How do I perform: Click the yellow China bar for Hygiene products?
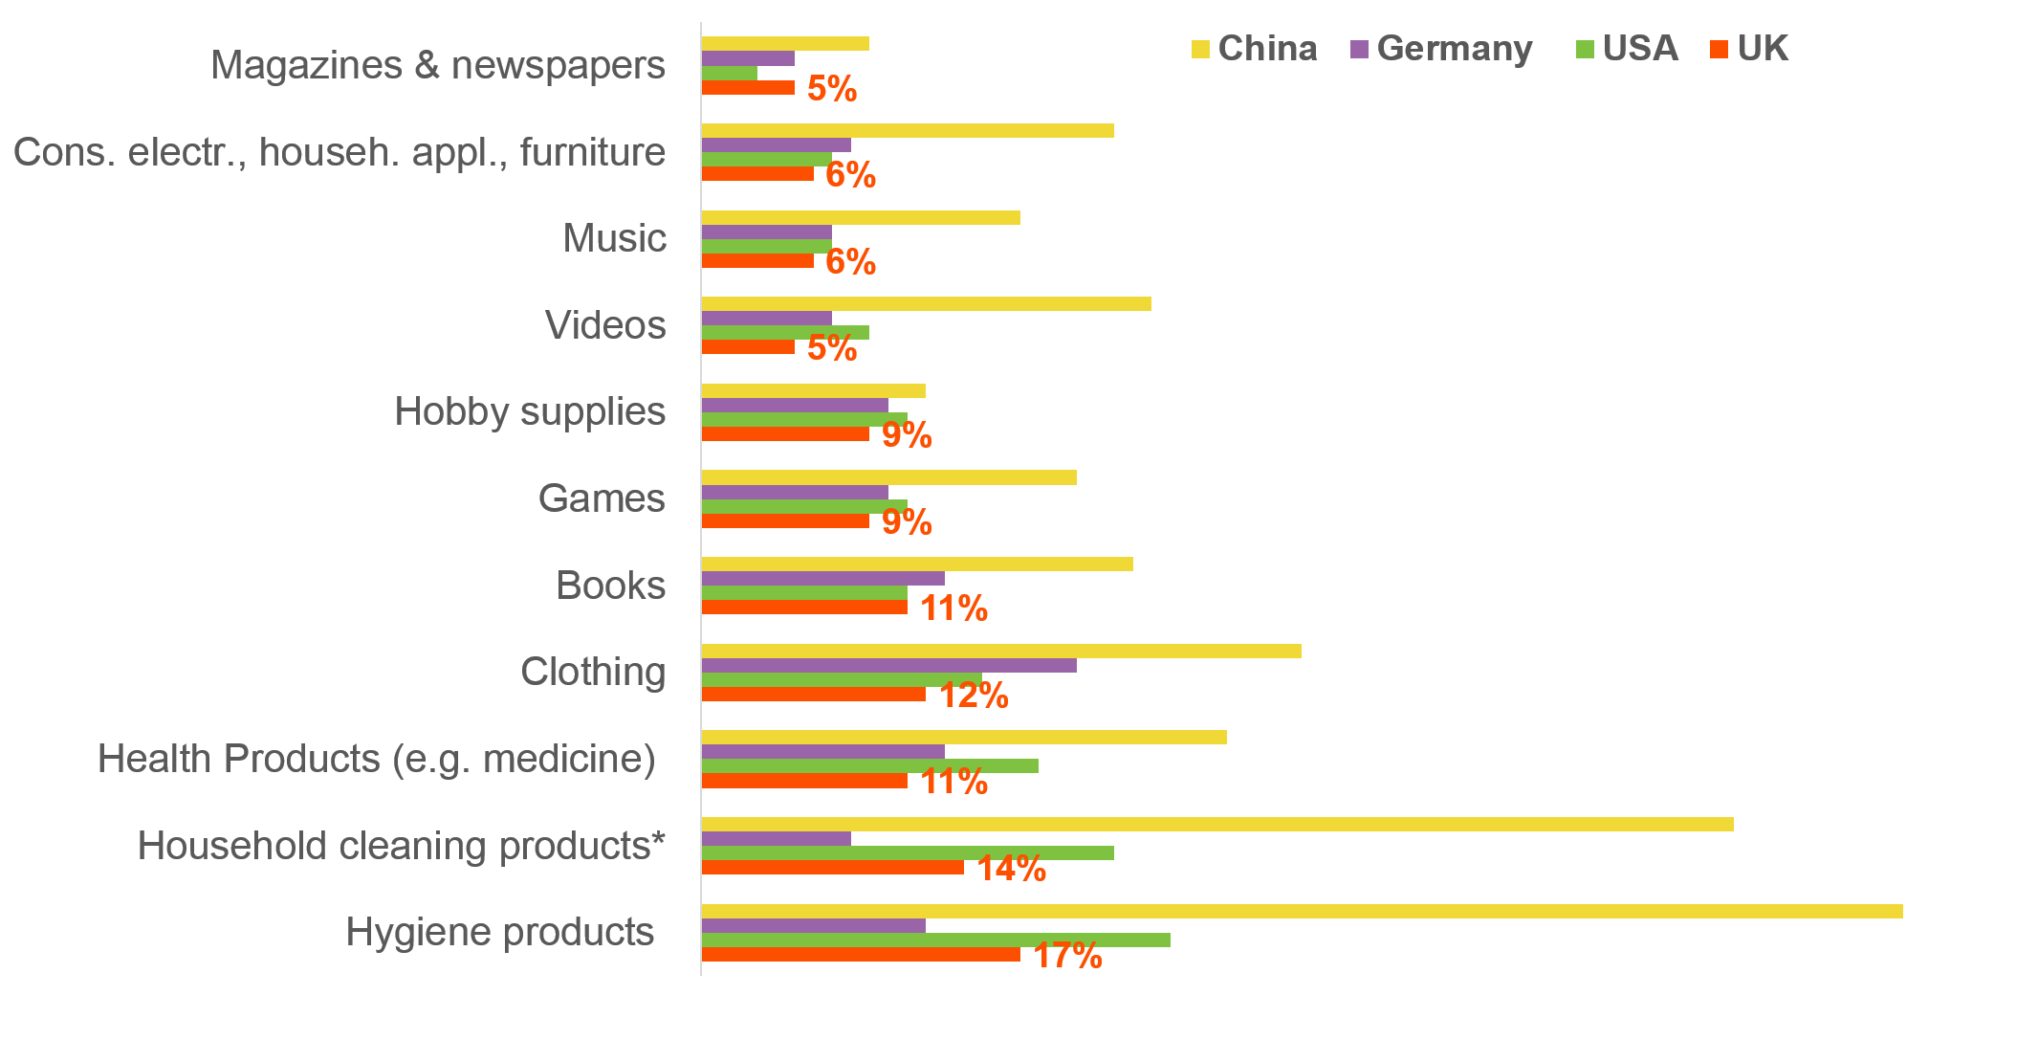(1301, 911)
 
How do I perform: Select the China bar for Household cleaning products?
(1216, 824)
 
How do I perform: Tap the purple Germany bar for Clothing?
(888, 665)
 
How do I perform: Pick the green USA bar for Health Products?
(869, 766)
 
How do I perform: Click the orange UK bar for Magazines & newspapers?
(748, 88)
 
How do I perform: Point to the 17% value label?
(1067, 955)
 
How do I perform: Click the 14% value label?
(1011, 869)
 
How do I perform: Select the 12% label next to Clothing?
(973, 695)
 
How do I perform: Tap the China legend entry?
(1255, 49)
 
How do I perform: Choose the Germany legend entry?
(1442, 49)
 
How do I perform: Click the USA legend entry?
(1628, 49)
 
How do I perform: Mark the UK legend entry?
(1750, 49)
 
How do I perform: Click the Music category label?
(614, 238)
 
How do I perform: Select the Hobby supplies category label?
(530, 411)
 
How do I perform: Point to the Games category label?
(601, 498)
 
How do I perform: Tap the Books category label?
(610, 586)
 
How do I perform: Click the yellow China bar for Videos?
(926, 304)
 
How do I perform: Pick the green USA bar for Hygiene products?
(935, 940)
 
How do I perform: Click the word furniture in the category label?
(592, 152)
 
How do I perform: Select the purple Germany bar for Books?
(822, 579)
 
